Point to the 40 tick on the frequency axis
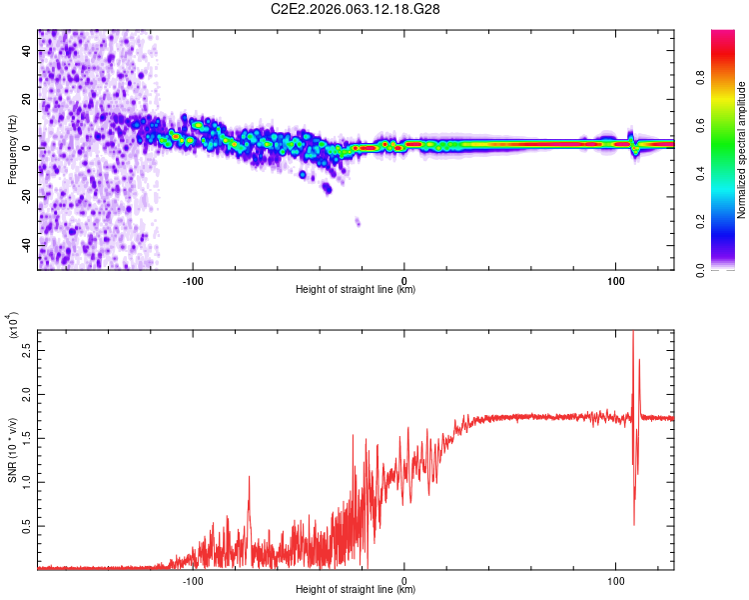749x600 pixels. tap(27, 52)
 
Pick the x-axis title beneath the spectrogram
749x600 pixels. tap(356, 290)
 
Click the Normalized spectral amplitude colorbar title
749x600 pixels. tap(742, 150)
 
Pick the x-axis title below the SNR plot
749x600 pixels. tap(356, 590)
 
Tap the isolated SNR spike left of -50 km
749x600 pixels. tap(250, 478)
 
